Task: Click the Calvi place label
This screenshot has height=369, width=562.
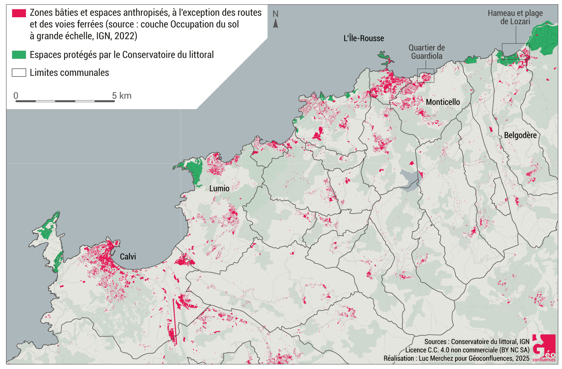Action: point(128,257)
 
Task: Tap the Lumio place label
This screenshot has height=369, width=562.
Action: point(219,189)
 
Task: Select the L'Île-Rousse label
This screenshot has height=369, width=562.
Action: point(364,38)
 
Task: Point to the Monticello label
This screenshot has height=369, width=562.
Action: point(443,102)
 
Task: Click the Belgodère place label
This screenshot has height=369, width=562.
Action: point(520,135)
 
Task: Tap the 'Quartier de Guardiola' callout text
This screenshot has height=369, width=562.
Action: point(427,52)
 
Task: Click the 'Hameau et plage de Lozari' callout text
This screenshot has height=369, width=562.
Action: point(515,17)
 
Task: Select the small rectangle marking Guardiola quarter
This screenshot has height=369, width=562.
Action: point(426,76)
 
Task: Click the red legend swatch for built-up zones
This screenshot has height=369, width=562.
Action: point(19,13)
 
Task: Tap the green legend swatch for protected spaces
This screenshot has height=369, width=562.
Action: point(19,55)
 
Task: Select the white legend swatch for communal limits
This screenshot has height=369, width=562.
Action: point(19,73)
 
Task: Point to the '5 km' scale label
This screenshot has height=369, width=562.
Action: point(122,96)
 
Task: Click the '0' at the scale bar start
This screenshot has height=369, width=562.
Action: point(16,96)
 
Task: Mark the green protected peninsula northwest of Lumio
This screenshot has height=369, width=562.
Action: point(193,171)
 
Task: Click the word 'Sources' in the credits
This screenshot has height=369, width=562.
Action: point(435,342)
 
